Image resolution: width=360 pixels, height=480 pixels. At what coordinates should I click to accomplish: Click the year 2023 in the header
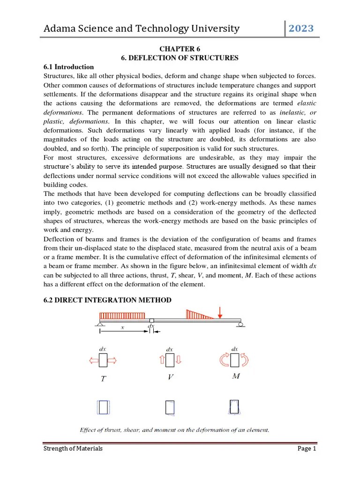click(301, 29)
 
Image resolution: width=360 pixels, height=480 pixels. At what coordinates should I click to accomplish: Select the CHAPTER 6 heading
click(180, 48)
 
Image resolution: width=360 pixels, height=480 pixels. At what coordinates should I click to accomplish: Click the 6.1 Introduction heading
click(68, 67)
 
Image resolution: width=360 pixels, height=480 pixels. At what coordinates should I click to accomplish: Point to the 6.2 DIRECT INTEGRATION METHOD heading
click(107, 300)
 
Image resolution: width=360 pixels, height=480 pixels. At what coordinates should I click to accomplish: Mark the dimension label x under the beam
click(123, 328)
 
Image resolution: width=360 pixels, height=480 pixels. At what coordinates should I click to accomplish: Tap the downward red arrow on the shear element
click(179, 360)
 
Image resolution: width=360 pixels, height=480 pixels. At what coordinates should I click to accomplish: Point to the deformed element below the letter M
click(234, 407)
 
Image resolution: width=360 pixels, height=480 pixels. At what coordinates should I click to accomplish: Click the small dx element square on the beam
click(151, 321)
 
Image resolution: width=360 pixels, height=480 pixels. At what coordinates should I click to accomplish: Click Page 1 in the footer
click(307, 449)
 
